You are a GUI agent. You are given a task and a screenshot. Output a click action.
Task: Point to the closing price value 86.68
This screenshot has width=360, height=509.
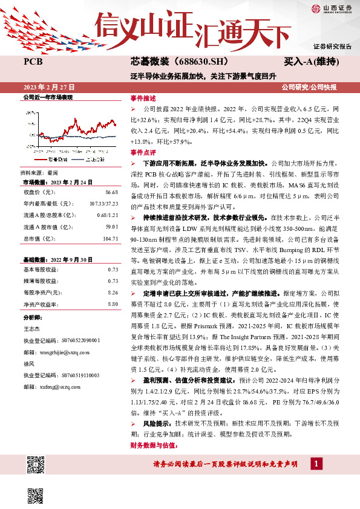click(111, 192)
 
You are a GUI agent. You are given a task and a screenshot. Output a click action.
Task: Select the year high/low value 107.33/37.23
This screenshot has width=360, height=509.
click(102, 202)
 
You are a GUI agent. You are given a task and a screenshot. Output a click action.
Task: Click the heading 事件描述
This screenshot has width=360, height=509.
click(143, 98)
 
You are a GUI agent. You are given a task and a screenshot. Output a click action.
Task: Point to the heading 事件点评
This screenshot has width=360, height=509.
click(143, 152)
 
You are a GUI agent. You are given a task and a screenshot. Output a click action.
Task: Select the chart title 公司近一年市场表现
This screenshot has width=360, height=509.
click(48, 97)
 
